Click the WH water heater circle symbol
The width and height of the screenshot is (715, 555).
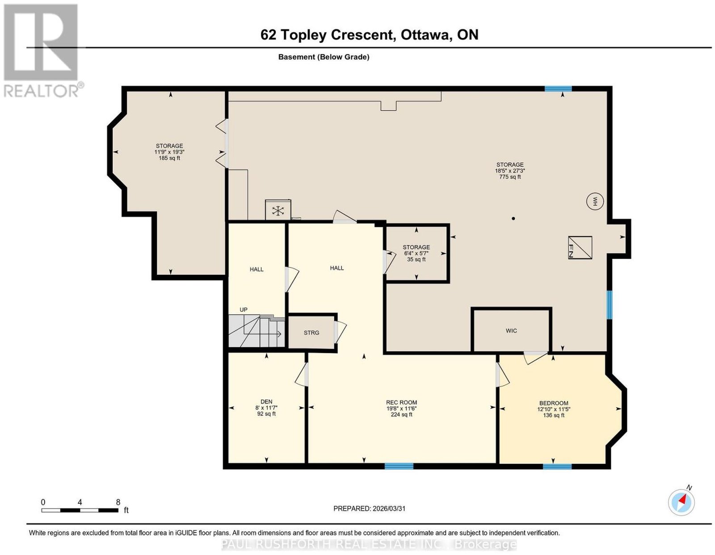[595, 201]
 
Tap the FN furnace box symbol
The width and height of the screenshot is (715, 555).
[580, 247]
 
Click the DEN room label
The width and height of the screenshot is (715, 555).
[266, 401]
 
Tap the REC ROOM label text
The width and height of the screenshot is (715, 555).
[401, 402]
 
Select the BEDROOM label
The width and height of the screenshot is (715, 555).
[554, 403]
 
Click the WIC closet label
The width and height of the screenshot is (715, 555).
[511, 330]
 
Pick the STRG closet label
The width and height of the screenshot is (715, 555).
[311, 333]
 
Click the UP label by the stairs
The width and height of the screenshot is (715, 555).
[244, 309]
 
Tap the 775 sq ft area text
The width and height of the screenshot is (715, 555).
[510, 177]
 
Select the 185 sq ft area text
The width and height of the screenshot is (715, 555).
[169, 158]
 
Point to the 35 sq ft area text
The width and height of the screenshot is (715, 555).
[416, 259]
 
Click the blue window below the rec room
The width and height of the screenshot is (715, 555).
[399, 466]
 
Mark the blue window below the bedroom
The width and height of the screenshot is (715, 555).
[557, 466]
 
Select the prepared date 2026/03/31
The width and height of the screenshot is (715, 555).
[389, 508]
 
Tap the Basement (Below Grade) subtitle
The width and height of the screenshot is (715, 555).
[324, 57]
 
